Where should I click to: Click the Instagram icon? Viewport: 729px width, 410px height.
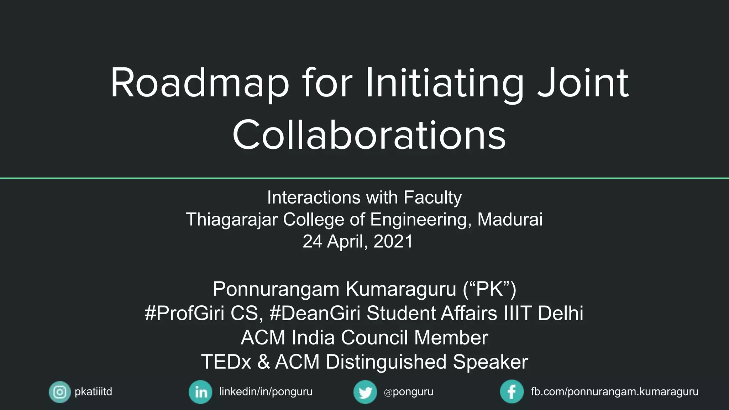pos(59,392)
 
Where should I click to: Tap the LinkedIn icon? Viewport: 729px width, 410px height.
pos(200,392)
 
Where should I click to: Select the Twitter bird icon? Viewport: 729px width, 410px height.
pos(365,392)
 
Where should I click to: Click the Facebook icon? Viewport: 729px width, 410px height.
pos(512,392)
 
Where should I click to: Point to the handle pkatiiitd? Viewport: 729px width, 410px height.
pos(93,392)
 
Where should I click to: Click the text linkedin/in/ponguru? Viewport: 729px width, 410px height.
pos(266,392)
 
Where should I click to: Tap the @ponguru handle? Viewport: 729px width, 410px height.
pos(409,392)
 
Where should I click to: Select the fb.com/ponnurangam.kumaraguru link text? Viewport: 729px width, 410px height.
pos(614,392)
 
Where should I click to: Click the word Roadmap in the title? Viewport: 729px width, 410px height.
pos(199,84)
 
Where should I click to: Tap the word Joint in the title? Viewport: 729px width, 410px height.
pos(583,84)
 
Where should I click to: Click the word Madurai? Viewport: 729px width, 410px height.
pos(510,219)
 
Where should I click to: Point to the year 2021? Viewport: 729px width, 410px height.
pos(393,241)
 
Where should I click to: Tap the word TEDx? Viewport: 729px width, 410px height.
pos(226,362)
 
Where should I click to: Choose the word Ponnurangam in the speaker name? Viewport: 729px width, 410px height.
pos(276,289)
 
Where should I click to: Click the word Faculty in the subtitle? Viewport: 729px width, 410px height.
pos(432,198)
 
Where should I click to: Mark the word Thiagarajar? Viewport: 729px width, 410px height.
pos(232,219)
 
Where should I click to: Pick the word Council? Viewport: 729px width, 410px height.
pos(374,337)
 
